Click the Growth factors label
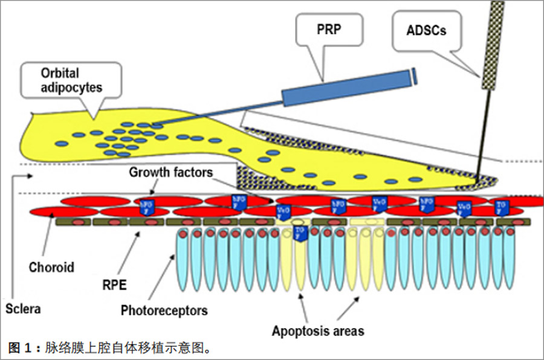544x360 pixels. point(170,173)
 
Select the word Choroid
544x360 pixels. point(51,267)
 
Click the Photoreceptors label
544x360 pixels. point(164,311)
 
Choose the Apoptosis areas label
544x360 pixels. point(317,330)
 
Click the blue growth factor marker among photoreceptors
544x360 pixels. point(299,232)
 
